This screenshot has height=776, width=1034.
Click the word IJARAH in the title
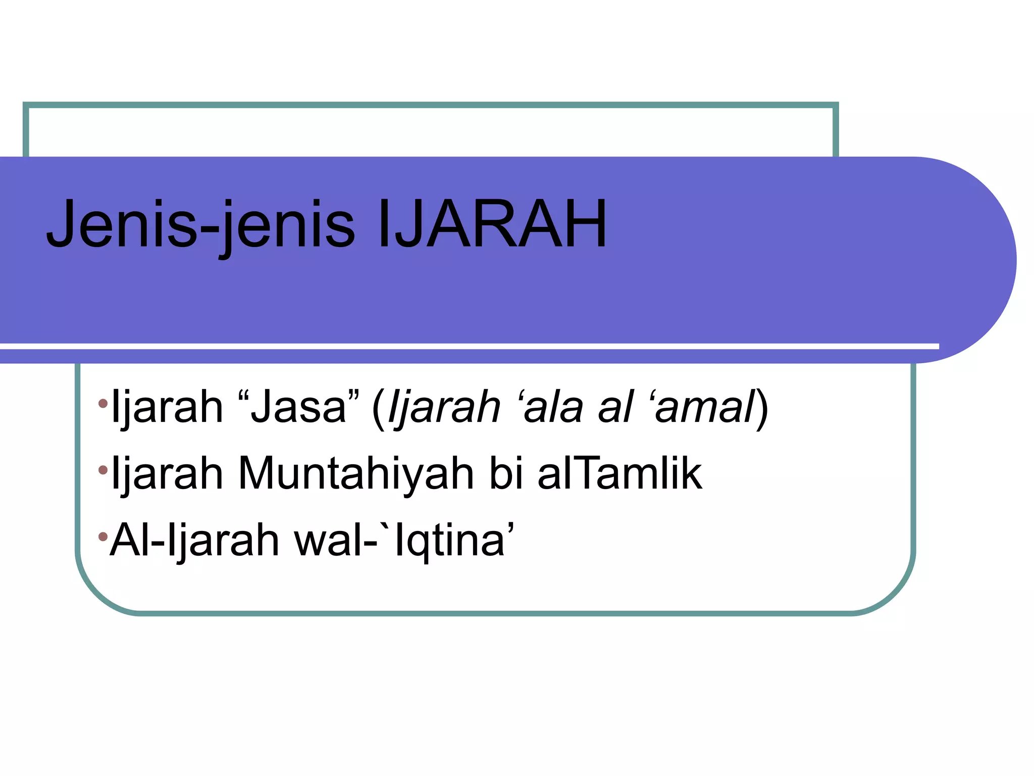[492, 224]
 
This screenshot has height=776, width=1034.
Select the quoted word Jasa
[298, 407]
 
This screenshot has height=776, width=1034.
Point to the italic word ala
[553, 407]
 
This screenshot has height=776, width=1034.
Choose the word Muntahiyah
[356, 473]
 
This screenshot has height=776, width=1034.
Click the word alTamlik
[619, 473]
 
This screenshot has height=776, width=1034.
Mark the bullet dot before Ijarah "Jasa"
[103, 403]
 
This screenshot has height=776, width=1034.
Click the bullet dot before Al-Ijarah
[103, 536]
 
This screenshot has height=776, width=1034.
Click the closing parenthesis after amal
[762, 408]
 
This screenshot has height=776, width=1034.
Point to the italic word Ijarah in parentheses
[444, 408]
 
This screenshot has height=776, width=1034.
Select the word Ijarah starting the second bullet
[167, 473]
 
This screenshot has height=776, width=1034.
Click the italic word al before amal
[615, 407]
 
